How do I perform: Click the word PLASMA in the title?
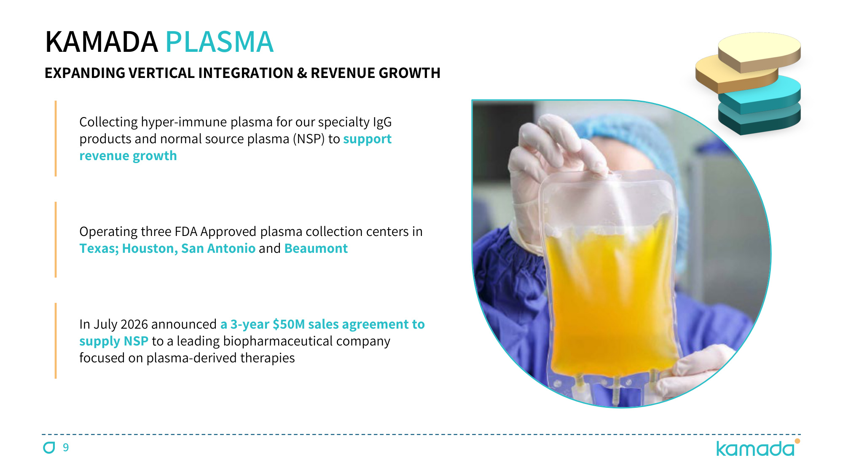tap(220, 42)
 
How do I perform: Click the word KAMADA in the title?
tap(101, 42)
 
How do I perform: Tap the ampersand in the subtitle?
tap(302, 73)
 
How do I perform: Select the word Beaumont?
tap(316, 248)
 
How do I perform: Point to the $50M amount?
tap(289, 324)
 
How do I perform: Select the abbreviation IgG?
tap(382, 122)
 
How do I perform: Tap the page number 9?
tap(66, 447)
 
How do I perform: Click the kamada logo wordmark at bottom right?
tap(755, 449)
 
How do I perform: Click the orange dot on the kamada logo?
tap(797, 441)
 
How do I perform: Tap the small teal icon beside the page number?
tap(49, 447)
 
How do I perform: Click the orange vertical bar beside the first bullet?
tap(56, 138)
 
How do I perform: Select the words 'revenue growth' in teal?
tap(128, 156)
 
